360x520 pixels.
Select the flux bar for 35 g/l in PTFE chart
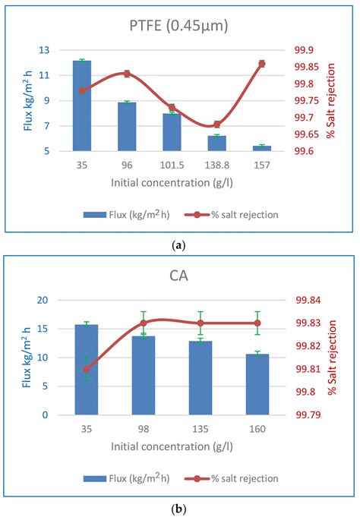coord(82,106)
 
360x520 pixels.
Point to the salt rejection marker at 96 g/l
coord(127,74)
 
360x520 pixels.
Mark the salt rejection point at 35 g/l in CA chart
coord(87,369)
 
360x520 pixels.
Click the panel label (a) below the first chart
coord(178,244)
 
